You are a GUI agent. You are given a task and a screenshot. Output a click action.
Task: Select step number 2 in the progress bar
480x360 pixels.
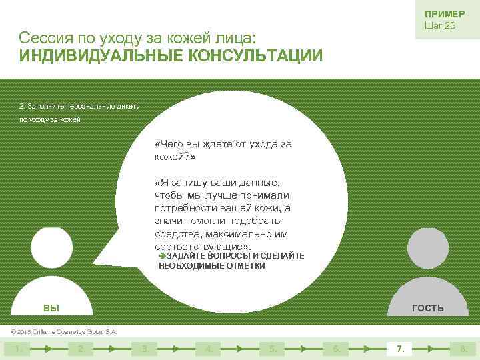click(80, 348)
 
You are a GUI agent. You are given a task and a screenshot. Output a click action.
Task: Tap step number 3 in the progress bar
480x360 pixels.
click(144, 348)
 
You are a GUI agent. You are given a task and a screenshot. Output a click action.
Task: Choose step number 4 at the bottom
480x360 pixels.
click(209, 348)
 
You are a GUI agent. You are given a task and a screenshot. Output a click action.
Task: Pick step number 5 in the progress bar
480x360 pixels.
click(272, 348)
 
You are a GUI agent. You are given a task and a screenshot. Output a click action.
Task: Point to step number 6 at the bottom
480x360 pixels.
click(336, 348)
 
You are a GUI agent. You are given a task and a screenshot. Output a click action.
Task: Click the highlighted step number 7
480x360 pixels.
click(400, 348)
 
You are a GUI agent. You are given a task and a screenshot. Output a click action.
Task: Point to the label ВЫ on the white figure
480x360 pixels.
click(51, 308)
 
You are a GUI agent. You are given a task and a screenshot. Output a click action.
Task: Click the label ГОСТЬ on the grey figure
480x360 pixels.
click(428, 308)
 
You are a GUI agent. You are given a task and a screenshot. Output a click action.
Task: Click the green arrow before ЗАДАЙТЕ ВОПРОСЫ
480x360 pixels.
click(162, 256)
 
